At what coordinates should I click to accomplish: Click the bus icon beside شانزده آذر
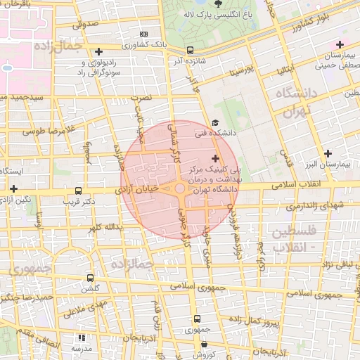point(191,50)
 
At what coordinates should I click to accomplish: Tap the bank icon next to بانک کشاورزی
point(144,34)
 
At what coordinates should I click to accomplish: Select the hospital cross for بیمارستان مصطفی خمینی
point(340,44)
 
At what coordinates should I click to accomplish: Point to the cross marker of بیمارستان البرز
point(328,153)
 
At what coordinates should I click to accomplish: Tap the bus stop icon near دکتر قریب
point(78,191)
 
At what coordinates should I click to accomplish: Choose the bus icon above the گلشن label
point(89,278)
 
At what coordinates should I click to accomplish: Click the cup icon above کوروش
point(204,345)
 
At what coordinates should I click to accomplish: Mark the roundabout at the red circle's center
point(180,188)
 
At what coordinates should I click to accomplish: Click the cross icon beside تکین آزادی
point(14,188)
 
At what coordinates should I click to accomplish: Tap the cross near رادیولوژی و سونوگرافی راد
point(99,51)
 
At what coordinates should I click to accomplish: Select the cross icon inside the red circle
point(214,158)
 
